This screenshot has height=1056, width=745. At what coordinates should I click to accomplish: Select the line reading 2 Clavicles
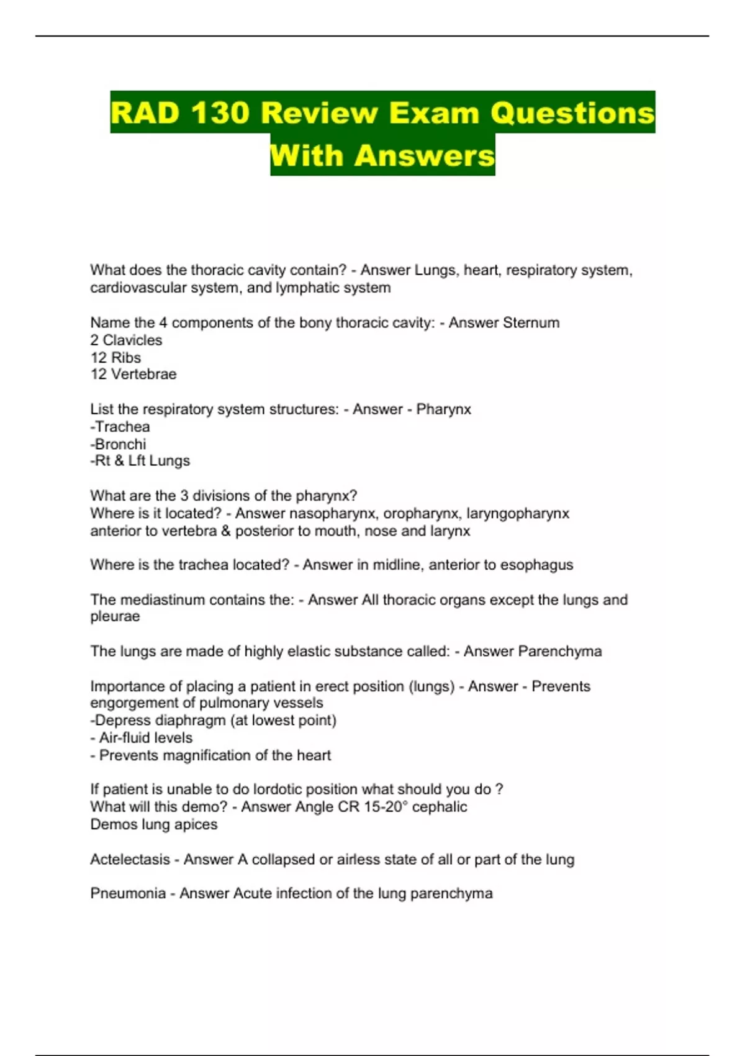coord(126,340)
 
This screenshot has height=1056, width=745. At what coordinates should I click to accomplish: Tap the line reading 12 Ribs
coord(115,358)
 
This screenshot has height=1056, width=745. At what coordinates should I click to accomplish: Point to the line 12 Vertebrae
coord(133,375)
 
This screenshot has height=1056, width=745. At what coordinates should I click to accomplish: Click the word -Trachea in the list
coord(120,427)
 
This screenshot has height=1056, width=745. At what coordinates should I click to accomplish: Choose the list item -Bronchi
coord(118,444)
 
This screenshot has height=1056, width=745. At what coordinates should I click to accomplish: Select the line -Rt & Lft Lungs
coord(140,461)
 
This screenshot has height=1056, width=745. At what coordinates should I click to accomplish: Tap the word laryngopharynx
coord(518,514)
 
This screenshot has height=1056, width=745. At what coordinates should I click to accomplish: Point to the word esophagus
coord(536,565)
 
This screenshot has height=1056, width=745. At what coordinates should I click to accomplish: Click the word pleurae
coord(115,617)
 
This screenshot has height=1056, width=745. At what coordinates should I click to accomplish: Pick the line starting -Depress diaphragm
coord(213,721)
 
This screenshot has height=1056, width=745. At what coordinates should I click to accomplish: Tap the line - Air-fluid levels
coord(142,738)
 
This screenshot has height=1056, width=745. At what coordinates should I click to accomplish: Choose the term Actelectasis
coord(130,860)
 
